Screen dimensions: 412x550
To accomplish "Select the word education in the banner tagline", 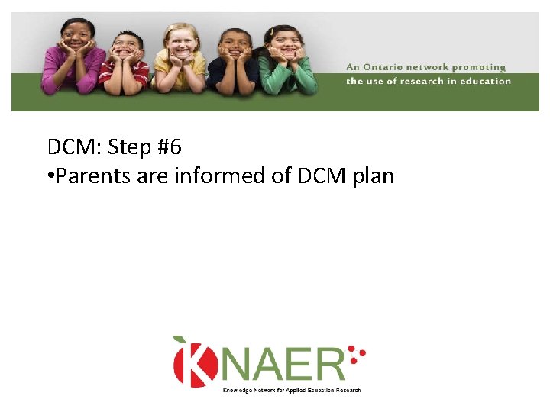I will click(x=485, y=80).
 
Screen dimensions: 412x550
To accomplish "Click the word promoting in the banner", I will click(x=480, y=68).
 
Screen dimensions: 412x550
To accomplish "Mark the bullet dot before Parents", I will click(x=50, y=177).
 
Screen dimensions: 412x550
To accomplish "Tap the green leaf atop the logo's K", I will click(x=180, y=340).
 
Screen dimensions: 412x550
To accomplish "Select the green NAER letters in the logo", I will click(x=282, y=364).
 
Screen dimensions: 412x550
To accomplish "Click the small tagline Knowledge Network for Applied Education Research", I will click(x=291, y=390).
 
